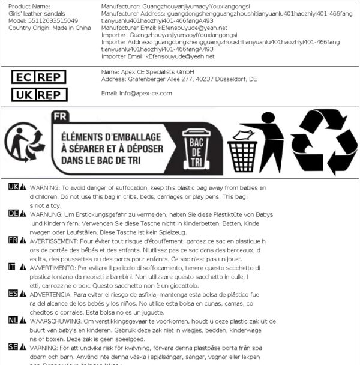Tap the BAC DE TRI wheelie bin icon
pyautogui.click(x=194, y=151)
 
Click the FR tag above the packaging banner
pyautogui.click(x=59, y=117)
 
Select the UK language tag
pyautogui.click(x=13, y=187)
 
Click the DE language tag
pyautogui.click(x=13, y=213)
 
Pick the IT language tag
pyautogui.click(x=12, y=266)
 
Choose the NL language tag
pyautogui.click(x=13, y=319)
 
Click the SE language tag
pyautogui.click(x=13, y=346)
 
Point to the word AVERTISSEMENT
pyautogui.click(x=56, y=240)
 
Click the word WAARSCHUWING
pyautogui.click(x=58, y=319)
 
